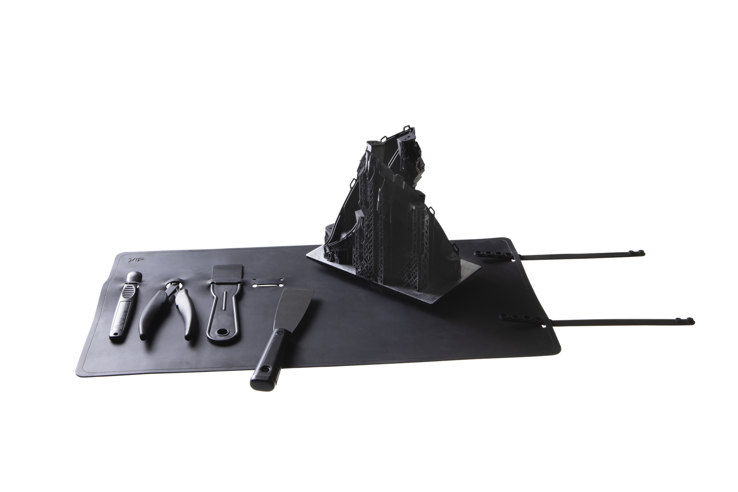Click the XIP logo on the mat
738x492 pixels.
[132, 261]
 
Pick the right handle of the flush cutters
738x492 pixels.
[181, 314]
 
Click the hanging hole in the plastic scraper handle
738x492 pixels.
[223, 335]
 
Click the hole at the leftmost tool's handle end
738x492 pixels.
[113, 334]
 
